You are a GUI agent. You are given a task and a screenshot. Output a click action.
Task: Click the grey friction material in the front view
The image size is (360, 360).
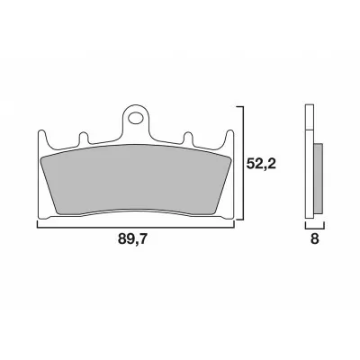coord(135,180)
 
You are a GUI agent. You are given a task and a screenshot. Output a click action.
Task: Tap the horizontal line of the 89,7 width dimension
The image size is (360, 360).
coord(135,225)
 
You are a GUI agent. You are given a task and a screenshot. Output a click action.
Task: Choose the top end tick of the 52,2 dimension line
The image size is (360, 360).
coord(240,105)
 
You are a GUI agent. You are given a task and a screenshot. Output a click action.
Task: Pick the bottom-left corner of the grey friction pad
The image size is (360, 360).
coord(56,211)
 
